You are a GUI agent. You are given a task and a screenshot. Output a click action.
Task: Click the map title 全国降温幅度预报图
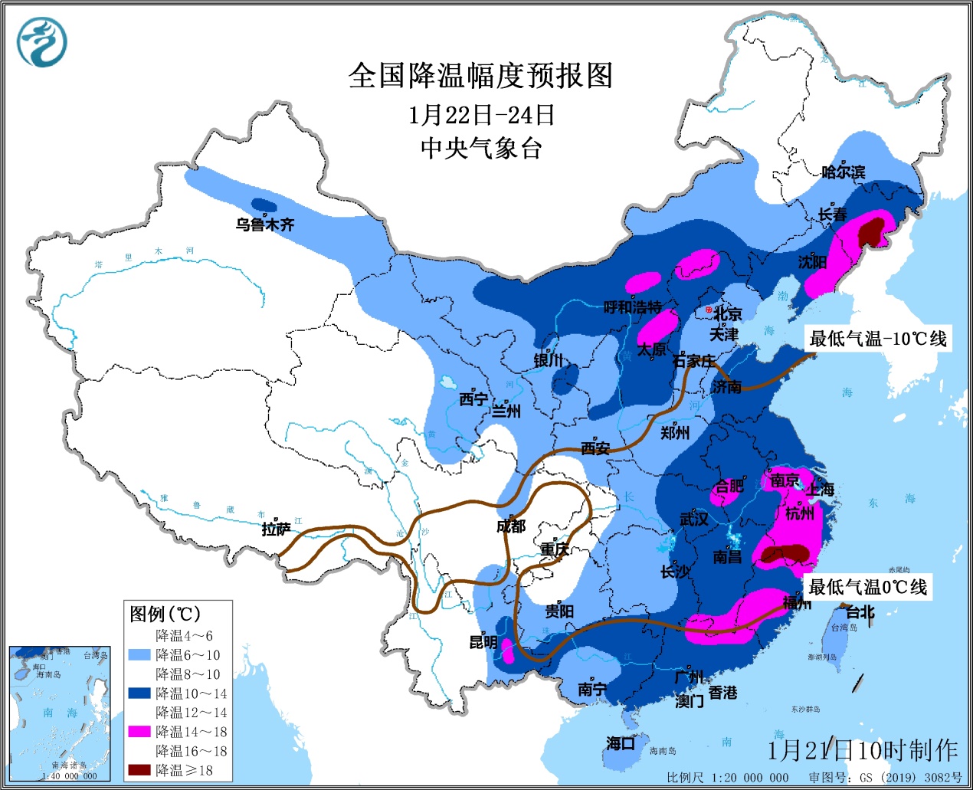click(x=480, y=76)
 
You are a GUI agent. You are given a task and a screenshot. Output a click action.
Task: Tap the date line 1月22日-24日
click(x=480, y=115)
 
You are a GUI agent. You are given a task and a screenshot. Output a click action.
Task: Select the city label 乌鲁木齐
click(x=264, y=225)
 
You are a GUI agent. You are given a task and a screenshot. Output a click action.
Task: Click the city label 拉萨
click(x=276, y=529)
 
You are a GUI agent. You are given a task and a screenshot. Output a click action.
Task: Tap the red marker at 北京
click(x=709, y=310)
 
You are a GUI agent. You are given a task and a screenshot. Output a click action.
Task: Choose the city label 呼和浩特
click(x=632, y=307)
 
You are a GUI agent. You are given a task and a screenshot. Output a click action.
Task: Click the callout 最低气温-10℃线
click(x=878, y=339)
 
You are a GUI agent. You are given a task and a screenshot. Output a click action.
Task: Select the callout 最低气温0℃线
click(x=868, y=587)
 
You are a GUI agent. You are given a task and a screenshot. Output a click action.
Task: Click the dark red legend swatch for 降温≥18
click(x=139, y=770)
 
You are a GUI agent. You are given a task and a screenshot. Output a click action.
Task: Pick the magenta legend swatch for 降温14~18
click(x=139, y=732)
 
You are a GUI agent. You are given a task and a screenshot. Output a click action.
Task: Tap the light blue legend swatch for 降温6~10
click(x=139, y=655)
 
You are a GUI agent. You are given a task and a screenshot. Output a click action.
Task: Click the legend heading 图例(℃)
click(x=165, y=614)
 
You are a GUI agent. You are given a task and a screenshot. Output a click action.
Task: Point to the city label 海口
click(x=621, y=742)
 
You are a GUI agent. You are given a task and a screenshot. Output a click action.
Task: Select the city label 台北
click(x=860, y=612)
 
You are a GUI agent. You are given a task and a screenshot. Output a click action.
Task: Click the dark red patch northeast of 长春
click(x=870, y=231)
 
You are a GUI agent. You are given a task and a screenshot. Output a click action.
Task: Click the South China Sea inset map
click(x=58, y=713)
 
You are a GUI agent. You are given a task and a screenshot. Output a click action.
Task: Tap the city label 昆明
click(x=483, y=642)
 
